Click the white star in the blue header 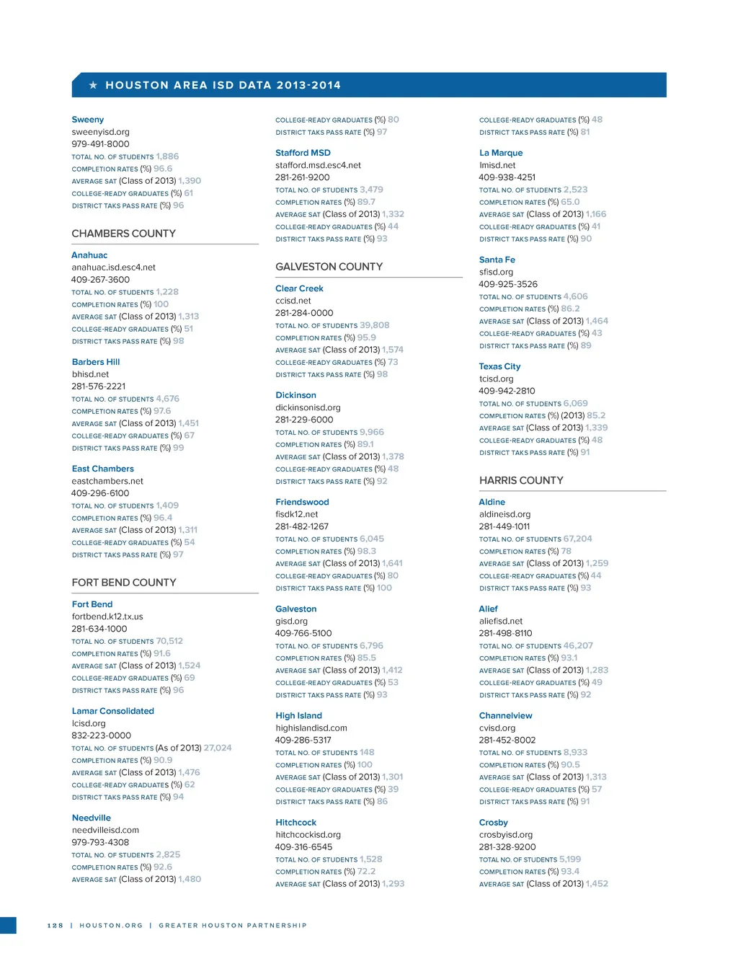coord(93,85)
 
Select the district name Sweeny coord(88,120)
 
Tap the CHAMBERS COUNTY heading coord(123,234)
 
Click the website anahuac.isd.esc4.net coord(113,268)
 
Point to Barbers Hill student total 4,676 coord(168,399)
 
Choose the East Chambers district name coord(102,469)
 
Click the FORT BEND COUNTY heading coord(124,583)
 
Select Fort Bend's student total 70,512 coord(169,641)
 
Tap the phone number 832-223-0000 coord(101,735)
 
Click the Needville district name coord(92,818)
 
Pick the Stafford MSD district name coord(303,153)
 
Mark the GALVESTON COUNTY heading coord(329,267)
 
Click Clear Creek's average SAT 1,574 coord(393,350)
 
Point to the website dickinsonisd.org coord(308,407)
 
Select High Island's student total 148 coord(367,752)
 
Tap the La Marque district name coord(501,153)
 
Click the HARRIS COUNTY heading coord(521,480)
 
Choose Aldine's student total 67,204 coord(577,539)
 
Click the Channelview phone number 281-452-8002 coord(507,740)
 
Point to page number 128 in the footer coord(55,925)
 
